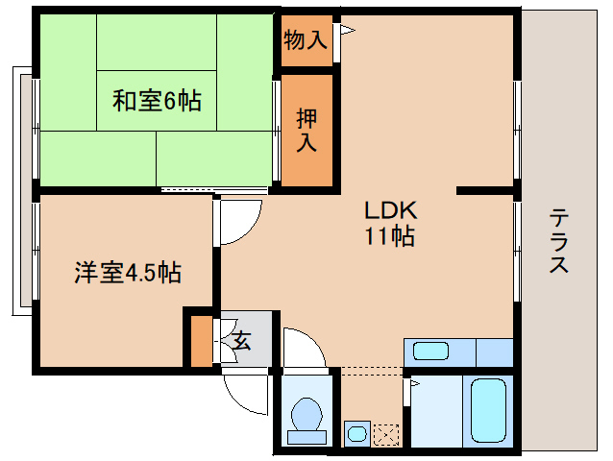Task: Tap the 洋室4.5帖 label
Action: tap(128, 273)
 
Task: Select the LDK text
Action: tap(388, 210)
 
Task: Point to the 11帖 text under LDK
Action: tap(388, 236)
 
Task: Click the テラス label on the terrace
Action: tap(558, 242)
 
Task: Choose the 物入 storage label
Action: tap(306, 40)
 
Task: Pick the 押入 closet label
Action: tap(306, 130)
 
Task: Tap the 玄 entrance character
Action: tap(242, 339)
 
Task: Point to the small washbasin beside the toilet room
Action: tap(356, 434)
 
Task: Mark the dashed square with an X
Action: tap(385, 434)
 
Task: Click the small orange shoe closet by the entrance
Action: tap(200, 341)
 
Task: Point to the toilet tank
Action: tap(306, 437)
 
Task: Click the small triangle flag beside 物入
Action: tap(347, 32)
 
